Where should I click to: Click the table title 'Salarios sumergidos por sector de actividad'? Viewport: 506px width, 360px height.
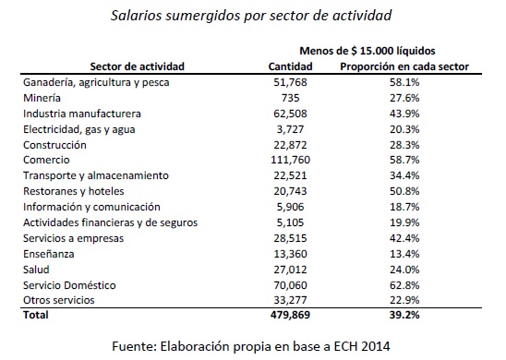coord(252,16)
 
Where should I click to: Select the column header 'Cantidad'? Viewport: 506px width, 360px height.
coord(291,67)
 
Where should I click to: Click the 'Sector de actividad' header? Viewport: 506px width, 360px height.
coord(136,67)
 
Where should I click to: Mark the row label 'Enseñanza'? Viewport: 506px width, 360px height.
coord(47,255)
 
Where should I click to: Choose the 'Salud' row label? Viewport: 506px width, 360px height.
coord(35,270)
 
